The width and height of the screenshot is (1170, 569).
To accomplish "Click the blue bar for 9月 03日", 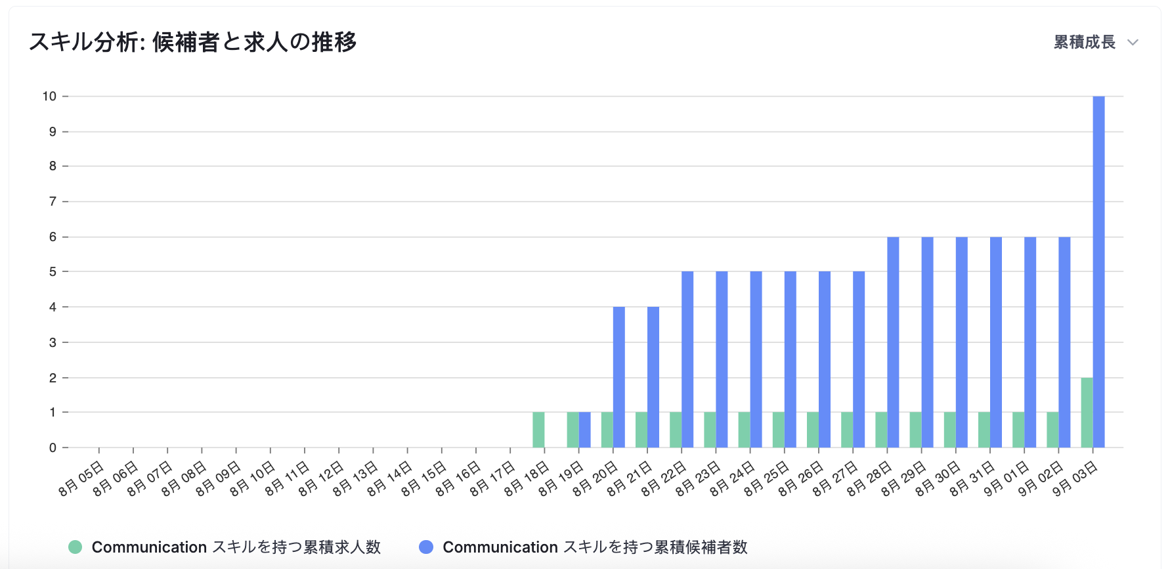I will (1098, 272).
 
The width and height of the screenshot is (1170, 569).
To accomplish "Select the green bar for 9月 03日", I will (1087, 413).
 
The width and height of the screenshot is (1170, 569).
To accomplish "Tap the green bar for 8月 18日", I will (538, 430).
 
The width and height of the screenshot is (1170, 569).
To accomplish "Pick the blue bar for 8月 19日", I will (585, 430).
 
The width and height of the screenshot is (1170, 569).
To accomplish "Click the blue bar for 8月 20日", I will (619, 377).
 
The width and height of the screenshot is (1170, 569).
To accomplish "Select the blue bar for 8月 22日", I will (687, 359).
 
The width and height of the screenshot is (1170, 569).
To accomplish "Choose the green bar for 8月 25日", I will (779, 430).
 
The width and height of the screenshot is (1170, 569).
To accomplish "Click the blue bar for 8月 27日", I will (859, 359).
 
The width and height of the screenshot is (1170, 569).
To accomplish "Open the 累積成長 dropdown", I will (1085, 42).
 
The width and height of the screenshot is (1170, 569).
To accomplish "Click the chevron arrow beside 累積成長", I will (1133, 43).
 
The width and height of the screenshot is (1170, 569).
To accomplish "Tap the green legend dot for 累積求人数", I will (76, 547).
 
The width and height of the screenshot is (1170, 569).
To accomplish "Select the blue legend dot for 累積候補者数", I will (426, 547).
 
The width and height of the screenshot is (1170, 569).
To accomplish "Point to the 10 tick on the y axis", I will (49, 97).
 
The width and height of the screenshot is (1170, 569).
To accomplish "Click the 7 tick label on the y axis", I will (53, 202).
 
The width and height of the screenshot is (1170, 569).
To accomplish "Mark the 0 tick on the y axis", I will (53, 448).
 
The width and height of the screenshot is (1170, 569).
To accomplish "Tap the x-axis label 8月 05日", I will (81, 479).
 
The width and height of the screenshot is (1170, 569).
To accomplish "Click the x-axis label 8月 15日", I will (424, 479).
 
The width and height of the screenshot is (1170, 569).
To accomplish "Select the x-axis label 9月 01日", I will (1007, 479).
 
